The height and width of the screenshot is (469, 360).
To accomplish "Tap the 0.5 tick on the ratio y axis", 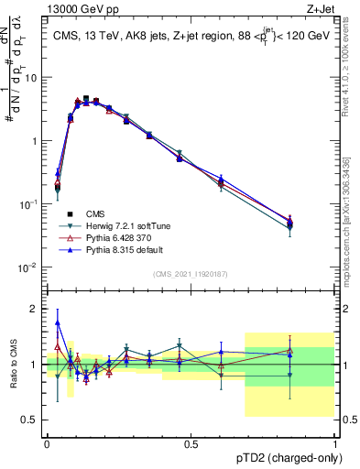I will click(33, 420).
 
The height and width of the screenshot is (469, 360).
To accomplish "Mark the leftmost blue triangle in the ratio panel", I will click(58, 322).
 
